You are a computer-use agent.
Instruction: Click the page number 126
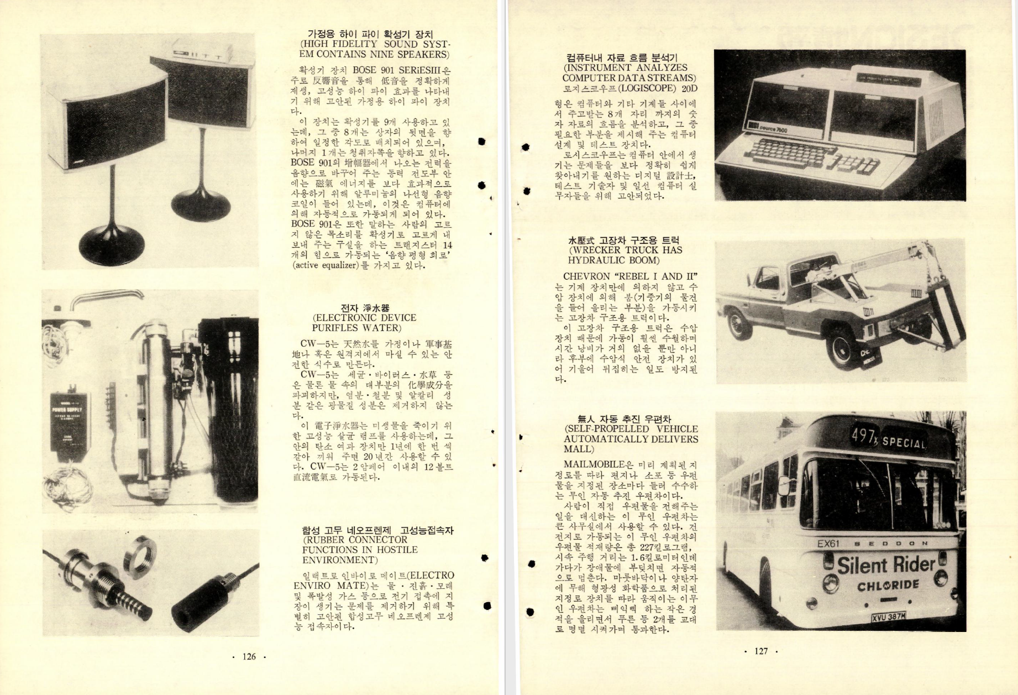coord(249,656)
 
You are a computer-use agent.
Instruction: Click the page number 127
coord(761,651)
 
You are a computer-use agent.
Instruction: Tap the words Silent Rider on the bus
coord(886,565)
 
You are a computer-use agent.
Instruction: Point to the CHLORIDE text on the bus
coord(888,585)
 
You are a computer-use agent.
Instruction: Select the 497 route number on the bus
coord(862,437)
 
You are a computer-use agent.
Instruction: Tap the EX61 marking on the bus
coord(828,544)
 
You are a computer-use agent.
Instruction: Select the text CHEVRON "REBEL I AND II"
coord(630,276)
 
